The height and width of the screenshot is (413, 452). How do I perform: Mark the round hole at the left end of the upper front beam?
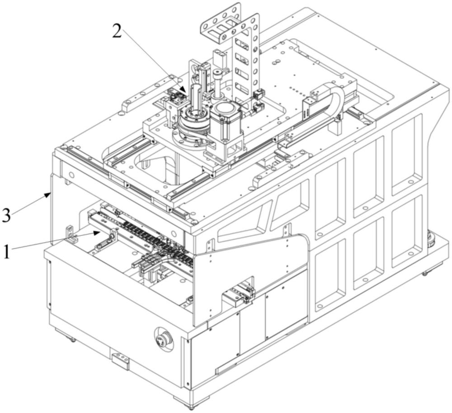pos(71,175)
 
